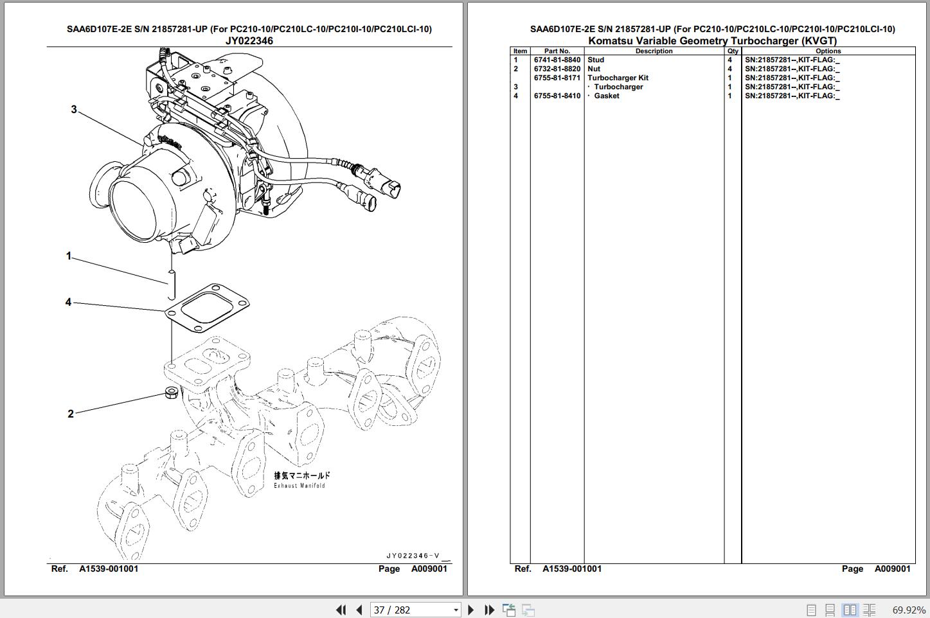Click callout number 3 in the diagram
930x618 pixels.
click(x=74, y=110)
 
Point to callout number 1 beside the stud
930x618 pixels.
click(x=69, y=256)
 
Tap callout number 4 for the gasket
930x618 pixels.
click(x=69, y=302)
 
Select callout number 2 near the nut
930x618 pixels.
click(x=71, y=414)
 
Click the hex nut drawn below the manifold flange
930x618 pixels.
click(x=172, y=393)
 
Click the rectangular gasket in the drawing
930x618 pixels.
click(x=207, y=308)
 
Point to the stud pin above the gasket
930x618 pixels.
click(x=172, y=285)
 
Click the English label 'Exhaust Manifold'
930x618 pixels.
click(x=300, y=486)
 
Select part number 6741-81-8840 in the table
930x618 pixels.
click(x=557, y=60)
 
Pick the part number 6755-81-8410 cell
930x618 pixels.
click(x=557, y=96)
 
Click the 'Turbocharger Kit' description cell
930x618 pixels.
click(x=618, y=78)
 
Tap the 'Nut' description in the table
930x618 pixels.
click(x=594, y=69)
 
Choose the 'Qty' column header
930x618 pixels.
click(x=733, y=51)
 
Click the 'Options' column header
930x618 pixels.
click(x=828, y=51)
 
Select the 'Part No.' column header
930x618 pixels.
click(x=557, y=51)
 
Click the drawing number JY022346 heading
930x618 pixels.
click(x=249, y=40)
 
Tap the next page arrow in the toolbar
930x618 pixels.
click(x=471, y=610)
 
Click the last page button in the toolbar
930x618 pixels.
click(x=490, y=610)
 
